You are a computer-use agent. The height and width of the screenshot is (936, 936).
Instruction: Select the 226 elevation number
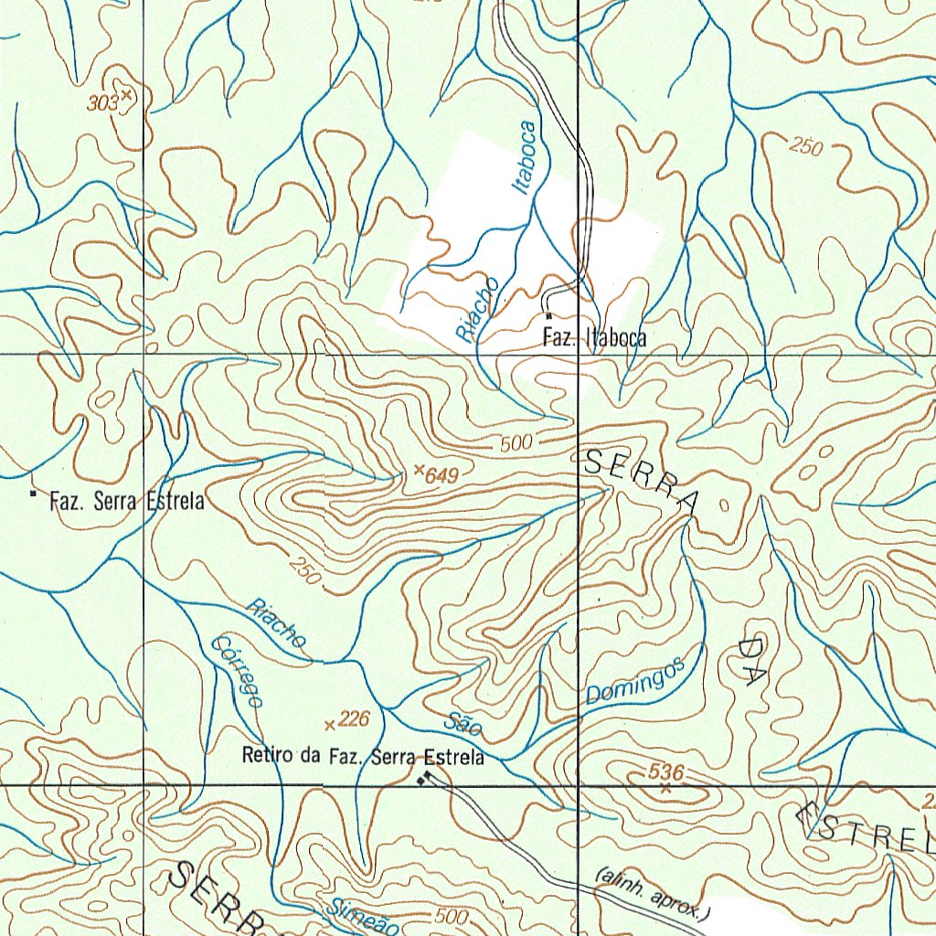tap(353, 720)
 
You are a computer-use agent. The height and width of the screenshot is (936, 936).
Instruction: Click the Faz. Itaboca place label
tap(594, 337)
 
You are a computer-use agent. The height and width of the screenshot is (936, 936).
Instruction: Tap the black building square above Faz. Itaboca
tap(548, 316)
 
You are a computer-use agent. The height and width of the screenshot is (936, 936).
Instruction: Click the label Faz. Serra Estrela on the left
tap(127, 501)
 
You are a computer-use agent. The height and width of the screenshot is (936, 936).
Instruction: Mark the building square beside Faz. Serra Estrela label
tap(34, 495)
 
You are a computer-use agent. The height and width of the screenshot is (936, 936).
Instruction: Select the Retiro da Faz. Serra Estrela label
tap(363, 756)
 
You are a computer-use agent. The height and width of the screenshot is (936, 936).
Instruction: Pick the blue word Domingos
tap(635, 682)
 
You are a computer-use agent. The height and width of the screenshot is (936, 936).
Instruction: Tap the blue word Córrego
tap(236, 671)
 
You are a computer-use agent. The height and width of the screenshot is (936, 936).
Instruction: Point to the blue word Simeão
tap(363, 917)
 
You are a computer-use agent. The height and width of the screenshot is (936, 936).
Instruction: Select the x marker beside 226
tap(330, 726)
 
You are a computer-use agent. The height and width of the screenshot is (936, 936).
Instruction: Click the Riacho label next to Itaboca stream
tap(478, 310)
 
